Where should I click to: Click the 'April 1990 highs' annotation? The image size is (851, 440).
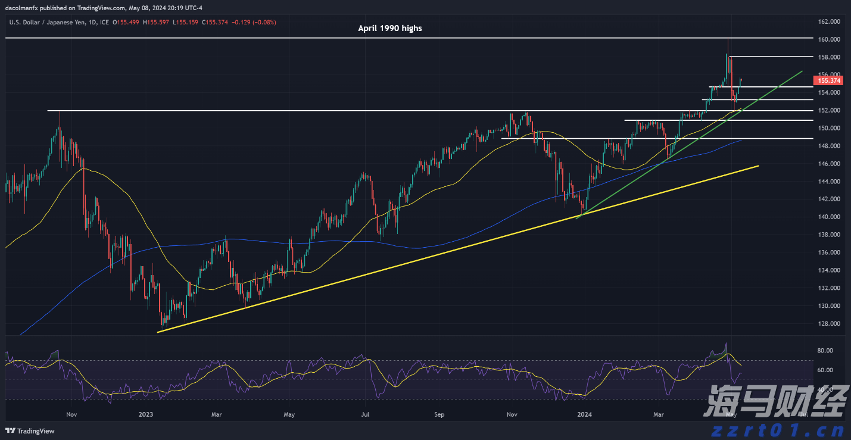click(389, 28)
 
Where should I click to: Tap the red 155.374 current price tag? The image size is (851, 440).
click(829, 80)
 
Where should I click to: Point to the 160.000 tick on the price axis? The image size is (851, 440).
click(829, 39)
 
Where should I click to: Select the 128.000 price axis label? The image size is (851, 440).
click(829, 324)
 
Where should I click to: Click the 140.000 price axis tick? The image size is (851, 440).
click(829, 217)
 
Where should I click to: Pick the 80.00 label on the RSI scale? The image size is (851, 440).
click(825, 351)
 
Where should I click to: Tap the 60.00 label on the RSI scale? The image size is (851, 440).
click(825, 370)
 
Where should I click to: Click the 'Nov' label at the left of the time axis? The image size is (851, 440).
click(71, 414)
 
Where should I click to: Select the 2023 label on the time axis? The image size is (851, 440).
click(145, 414)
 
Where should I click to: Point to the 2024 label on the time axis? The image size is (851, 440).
click(585, 414)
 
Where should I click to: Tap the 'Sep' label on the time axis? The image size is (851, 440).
click(439, 414)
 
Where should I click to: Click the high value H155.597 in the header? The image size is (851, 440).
click(159, 23)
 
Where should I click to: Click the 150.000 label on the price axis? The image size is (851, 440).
click(829, 128)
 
